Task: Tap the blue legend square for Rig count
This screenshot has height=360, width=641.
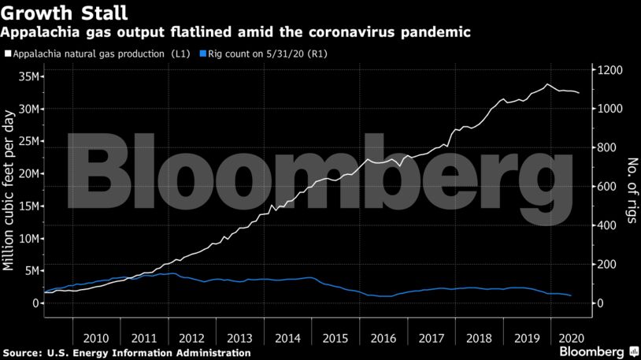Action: tap(203, 54)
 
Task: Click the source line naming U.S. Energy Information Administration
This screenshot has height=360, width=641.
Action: tap(126, 353)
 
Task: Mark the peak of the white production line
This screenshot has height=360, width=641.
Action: tap(547, 84)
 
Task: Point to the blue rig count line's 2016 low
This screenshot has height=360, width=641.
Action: tap(383, 296)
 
